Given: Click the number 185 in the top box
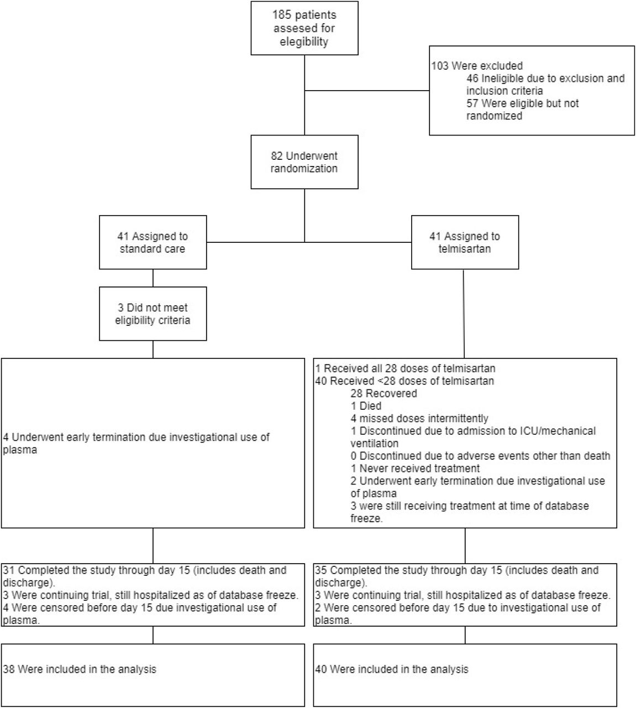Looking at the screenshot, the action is [281, 15].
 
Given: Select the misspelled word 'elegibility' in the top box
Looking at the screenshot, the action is [304, 42].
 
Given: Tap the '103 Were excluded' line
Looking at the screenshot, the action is [477, 66].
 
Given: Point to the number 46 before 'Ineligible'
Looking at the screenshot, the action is [472, 79].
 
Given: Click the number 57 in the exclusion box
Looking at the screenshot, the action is [472, 103].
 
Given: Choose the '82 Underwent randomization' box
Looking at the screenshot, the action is [304, 162].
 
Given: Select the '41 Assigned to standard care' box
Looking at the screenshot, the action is [153, 242].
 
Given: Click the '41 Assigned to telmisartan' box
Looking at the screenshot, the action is [465, 242].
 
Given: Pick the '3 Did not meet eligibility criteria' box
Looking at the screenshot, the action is [153, 314].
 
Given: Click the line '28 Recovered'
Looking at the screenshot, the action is [383, 393].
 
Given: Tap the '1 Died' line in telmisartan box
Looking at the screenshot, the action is [366, 406].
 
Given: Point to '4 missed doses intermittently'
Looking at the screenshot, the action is [419, 419].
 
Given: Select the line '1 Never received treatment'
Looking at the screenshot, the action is [415, 468].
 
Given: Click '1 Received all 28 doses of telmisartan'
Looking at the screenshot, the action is [405, 368].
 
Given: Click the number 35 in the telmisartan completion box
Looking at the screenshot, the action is [321, 570].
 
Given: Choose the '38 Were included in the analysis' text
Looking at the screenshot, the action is [80, 669].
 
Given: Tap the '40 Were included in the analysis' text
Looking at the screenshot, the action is [392, 669].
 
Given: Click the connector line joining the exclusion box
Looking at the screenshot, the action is [367, 91].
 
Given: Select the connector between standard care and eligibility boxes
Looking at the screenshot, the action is [153, 278].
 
